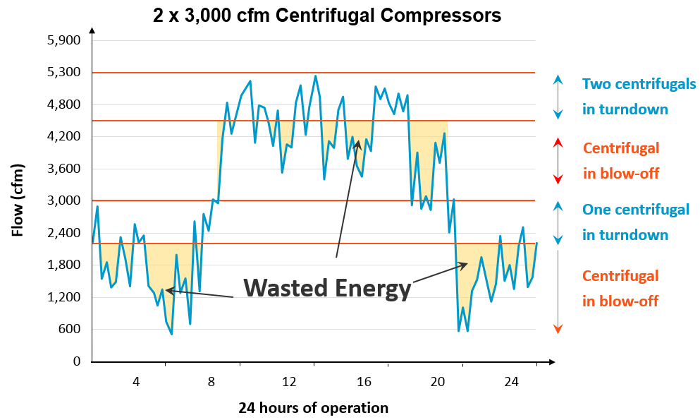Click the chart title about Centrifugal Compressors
[327, 16]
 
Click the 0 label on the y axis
[78, 361]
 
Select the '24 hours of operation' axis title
[313, 407]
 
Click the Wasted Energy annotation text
[327, 288]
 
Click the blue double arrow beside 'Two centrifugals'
[558, 97]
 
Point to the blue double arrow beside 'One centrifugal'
[558, 222]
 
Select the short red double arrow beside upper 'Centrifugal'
[558, 161]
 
